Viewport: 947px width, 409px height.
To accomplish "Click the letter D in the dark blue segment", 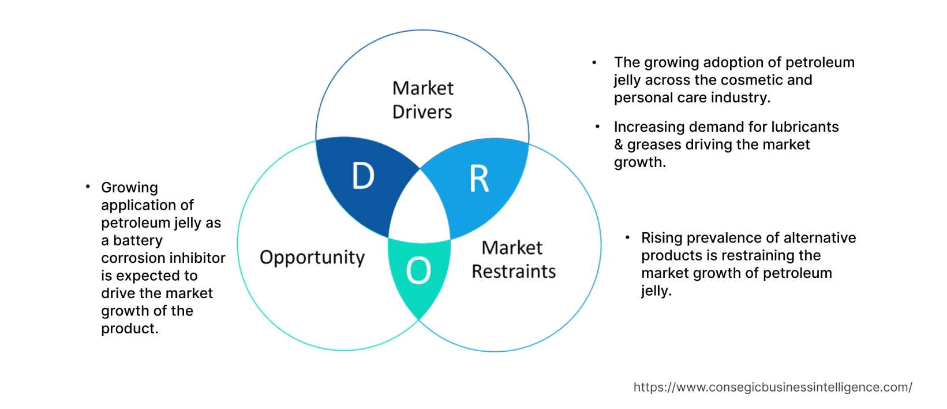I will (x=363, y=176).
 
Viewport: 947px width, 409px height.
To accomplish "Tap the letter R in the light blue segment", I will (x=479, y=179).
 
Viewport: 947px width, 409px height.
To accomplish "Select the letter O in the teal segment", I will (x=418, y=270).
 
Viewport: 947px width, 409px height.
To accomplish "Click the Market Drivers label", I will (x=422, y=100).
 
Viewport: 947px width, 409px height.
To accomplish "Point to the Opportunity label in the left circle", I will (x=312, y=257).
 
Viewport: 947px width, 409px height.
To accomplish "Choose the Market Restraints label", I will (x=513, y=259).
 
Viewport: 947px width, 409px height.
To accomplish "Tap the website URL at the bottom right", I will (x=772, y=388).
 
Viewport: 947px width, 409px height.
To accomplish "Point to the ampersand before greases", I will (x=619, y=144).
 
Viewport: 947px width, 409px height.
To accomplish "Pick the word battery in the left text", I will (x=138, y=240).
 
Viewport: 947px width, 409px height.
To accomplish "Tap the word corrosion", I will (x=131, y=258).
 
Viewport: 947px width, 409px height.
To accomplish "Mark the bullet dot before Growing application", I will (x=88, y=186).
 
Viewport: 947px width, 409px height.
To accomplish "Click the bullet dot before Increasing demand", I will (x=598, y=126).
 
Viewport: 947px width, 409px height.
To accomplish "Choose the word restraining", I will (x=765, y=255).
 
